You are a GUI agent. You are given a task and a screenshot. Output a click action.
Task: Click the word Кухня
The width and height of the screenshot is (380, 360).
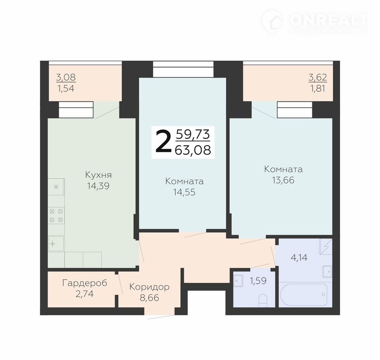(x=99, y=175)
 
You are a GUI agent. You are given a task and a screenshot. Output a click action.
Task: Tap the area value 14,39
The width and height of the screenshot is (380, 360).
(x=99, y=186)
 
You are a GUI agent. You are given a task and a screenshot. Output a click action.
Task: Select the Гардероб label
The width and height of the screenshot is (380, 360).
(x=85, y=283)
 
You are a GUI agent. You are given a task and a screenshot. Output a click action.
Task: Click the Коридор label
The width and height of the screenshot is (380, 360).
(x=149, y=287)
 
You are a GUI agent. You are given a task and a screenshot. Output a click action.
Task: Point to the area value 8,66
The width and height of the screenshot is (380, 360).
(x=149, y=298)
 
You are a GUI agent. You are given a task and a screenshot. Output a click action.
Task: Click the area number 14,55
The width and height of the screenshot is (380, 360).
(x=184, y=192)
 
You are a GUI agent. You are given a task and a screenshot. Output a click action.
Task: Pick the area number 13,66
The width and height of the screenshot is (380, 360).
(x=283, y=180)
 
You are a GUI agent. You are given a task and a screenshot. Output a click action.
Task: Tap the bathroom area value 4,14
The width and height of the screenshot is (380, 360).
(x=299, y=258)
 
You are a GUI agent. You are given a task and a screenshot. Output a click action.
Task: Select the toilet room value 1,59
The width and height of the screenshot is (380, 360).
(x=258, y=281)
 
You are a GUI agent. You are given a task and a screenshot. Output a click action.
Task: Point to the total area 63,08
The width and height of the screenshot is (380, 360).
(x=193, y=150)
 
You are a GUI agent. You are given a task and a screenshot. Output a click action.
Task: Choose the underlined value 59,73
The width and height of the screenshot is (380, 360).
(x=193, y=135)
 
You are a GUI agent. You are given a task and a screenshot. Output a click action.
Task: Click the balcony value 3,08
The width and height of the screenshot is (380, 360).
(x=66, y=78)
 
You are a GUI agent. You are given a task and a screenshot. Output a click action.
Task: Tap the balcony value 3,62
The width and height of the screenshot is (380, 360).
(x=318, y=78)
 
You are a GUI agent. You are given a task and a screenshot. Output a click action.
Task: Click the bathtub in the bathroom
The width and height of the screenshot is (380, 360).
(x=304, y=294)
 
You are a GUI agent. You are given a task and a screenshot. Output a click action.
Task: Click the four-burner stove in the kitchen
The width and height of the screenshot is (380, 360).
(x=56, y=216)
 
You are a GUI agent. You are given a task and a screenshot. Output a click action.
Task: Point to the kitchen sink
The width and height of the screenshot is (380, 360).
(x=56, y=243)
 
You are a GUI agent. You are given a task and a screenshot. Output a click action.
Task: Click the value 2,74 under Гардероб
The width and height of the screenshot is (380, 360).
(x=85, y=294)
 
